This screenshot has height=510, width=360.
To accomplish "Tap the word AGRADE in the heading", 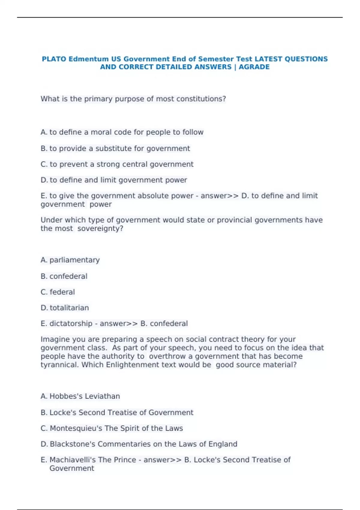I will [x=254, y=67].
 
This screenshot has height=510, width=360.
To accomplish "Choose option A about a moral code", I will [x=122, y=132].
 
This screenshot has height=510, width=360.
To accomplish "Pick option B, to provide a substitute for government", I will [x=115, y=148].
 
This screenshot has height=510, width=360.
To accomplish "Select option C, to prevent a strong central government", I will [x=117, y=164].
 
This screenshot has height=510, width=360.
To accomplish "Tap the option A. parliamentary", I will [x=70, y=260].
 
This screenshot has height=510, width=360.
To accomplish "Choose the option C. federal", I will [x=58, y=292].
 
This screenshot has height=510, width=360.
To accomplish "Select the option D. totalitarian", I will [x=64, y=308].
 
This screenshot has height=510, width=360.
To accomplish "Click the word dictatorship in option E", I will [x=71, y=324].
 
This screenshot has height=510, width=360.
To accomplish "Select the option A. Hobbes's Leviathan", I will [x=80, y=396].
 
